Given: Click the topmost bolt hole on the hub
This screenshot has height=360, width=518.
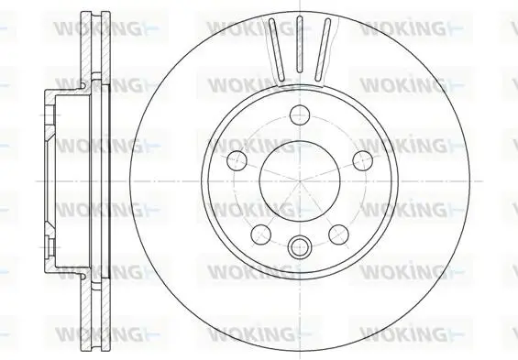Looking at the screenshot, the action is [x=300, y=115].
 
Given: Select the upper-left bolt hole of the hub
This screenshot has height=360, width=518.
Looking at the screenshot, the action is [x=237, y=160].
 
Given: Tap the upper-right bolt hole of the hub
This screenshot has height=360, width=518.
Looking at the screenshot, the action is [x=363, y=160].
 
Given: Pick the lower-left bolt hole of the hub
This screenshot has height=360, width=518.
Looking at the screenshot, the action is [x=261, y=235].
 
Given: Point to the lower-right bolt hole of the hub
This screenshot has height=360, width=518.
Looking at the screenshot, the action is [x=339, y=235].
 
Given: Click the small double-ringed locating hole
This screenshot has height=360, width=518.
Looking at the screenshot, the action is [x=300, y=246].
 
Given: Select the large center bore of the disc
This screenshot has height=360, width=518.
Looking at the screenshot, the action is [x=300, y=181].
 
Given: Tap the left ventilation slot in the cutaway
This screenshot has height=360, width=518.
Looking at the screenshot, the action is [x=277, y=49].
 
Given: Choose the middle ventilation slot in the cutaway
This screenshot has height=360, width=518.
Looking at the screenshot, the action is [x=300, y=44].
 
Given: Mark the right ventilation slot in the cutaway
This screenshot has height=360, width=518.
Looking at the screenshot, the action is [x=323, y=49].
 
